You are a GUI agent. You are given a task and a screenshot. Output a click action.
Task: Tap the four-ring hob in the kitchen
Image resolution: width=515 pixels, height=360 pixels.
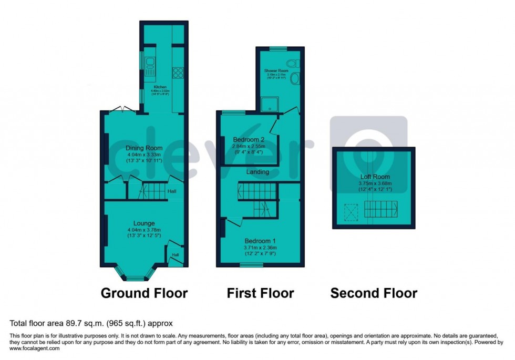pyautogui.click(x=178, y=73)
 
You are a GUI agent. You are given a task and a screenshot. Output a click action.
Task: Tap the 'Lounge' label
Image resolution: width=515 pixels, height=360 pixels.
pyautogui.click(x=143, y=223)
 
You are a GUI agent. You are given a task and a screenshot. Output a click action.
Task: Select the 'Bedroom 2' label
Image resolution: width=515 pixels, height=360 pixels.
pyautogui.click(x=248, y=140)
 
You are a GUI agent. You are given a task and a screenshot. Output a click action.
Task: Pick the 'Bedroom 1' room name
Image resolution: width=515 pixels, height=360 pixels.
pyautogui.click(x=260, y=241)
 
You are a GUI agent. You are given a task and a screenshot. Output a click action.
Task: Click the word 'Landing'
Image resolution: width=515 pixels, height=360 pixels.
pyautogui.click(x=257, y=172)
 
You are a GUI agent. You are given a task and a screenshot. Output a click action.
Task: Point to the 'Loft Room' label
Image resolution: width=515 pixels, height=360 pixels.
pyautogui.click(x=375, y=177)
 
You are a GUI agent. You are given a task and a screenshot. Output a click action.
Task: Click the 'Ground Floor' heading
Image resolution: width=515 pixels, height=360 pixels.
pyautogui.click(x=143, y=293)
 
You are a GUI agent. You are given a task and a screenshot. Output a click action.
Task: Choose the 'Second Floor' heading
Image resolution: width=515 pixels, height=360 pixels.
pyautogui.click(x=374, y=293)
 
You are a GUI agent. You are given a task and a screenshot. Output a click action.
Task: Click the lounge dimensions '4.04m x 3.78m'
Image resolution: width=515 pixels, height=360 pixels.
pyautogui.click(x=143, y=230)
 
